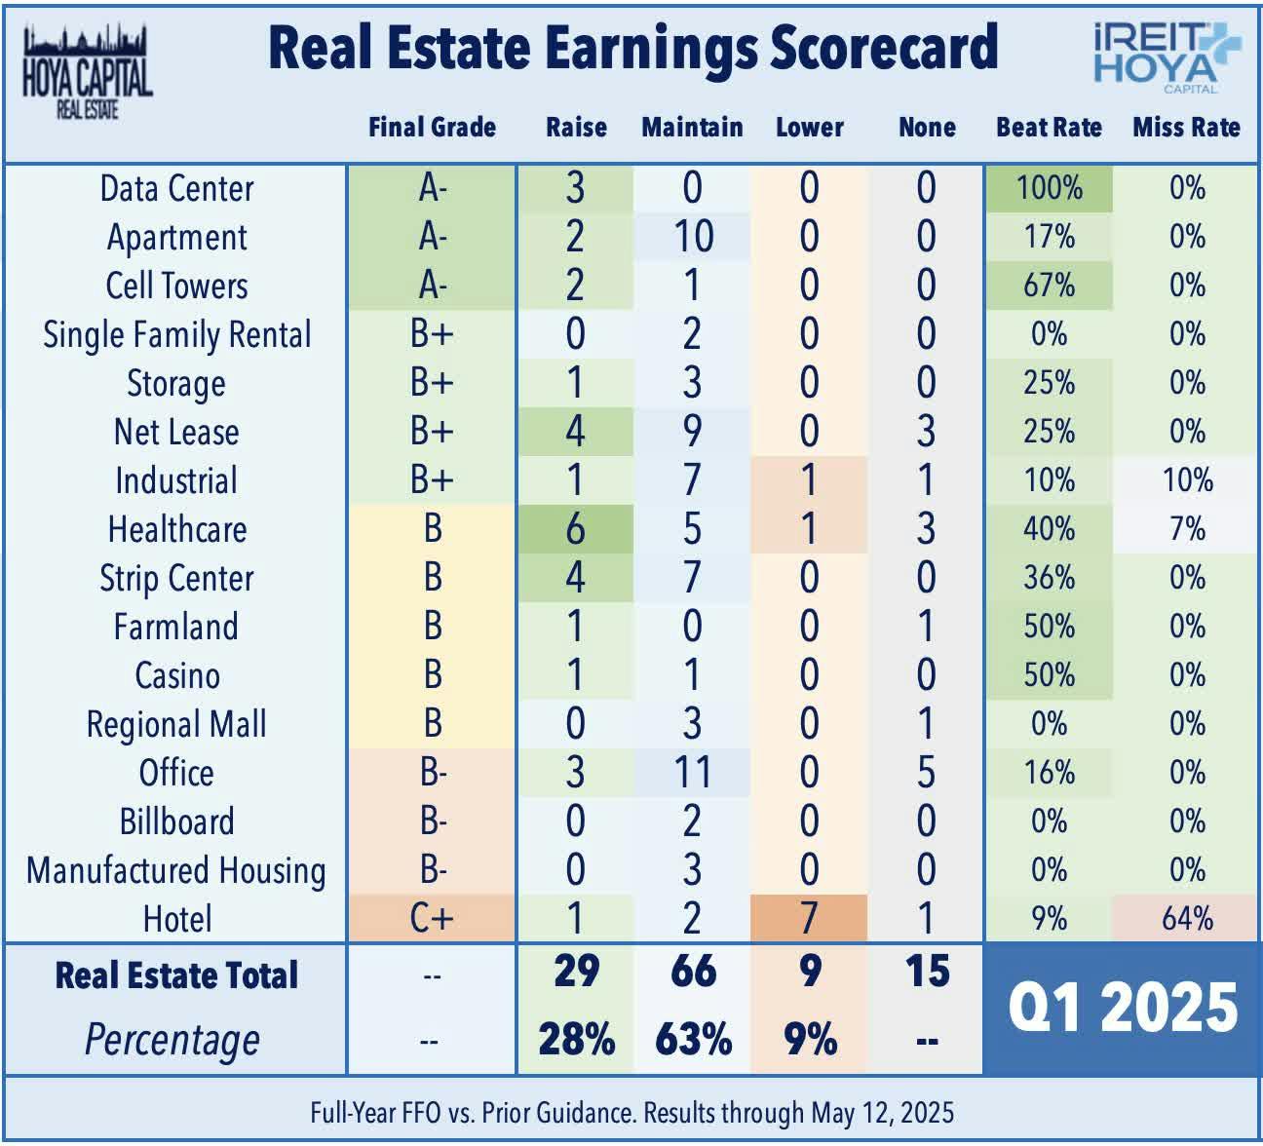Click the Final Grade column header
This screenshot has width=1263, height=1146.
click(x=432, y=128)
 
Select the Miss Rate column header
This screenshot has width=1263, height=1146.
click(x=1186, y=128)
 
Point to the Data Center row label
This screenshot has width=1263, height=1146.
click(x=176, y=188)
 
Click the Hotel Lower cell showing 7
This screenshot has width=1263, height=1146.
click(x=809, y=918)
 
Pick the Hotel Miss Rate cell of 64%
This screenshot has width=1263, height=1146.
click(x=1186, y=918)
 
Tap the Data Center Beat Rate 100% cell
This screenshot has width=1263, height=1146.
click(x=1049, y=188)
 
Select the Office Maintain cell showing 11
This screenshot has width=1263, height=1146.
click(x=692, y=772)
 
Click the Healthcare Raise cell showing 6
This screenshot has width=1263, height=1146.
click(x=575, y=528)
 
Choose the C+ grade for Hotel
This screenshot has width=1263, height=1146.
click(x=432, y=918)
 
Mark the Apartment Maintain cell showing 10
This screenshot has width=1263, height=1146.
click(x=692, y=237)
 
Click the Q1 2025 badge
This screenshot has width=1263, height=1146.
click(x=1123, y=1008)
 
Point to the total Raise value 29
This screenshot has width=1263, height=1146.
click(x=575, y=972)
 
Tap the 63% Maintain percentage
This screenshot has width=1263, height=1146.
click(x=693, y=1039)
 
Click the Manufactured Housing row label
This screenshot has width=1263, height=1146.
click(x=176, y=870)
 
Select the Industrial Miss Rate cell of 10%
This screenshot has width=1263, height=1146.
click(x=1186, y=480)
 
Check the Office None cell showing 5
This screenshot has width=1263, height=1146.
click(x=926, y=772)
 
